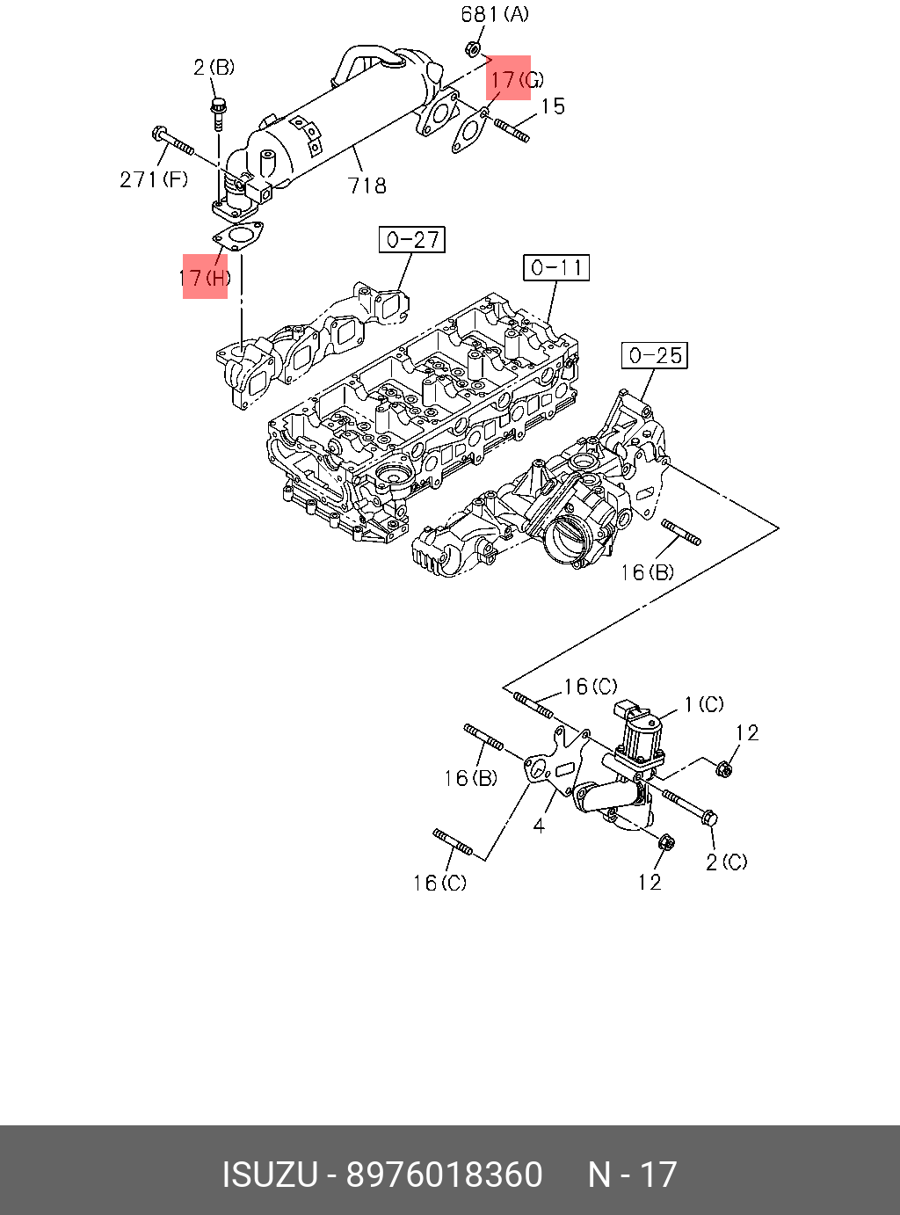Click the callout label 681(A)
pyautogui.click(x=495, y=15)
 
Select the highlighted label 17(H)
pyautogui.click(x=205, y=278)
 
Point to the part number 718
pyautogui.click(x=367, y=186)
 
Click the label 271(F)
pyautogui.click(x=154, y=180)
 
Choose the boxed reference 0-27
pyautogui.click(x=412, y=239)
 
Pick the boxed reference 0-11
pyautogui.click(x=556, y=267)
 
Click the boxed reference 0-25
pyautogui.click(x=655, y=355)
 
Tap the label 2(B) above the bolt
pyautogui.click(x=214, y=67)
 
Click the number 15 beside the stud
pyautogui.click(x=552, y=106)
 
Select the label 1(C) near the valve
pyautogui.click(x=703, y=704)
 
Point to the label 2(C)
pyautogui.click(x=727, y=862)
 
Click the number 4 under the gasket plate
pyautogui.click(x=539, y=826)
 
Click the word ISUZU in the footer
pyautogui.click(x=269, y=1175)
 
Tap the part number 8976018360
pyautogui.click(x=444, y=1175)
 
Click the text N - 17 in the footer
pyautogui.click(x=632, y=1175)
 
